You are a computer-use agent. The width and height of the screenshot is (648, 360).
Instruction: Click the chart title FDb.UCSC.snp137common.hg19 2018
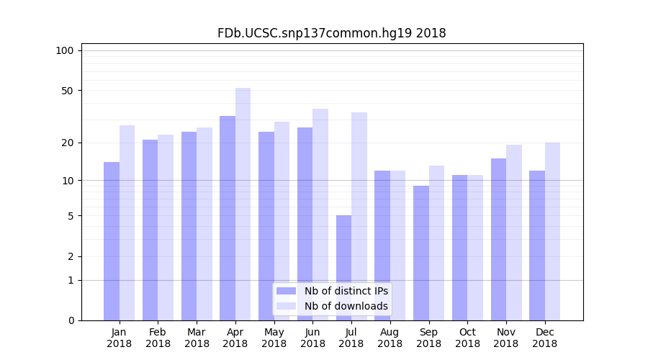(x=331, y=33)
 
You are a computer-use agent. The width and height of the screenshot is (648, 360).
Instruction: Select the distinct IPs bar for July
(x=343, y=268)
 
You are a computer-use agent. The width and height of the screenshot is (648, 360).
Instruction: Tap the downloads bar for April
(x=243, y=204)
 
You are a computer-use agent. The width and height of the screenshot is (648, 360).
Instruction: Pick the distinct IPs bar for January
(x=112, y=241)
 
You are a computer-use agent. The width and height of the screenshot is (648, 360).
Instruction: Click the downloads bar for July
(x=359, y=216)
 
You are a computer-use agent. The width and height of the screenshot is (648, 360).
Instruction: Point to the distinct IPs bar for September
(x=421, y=253)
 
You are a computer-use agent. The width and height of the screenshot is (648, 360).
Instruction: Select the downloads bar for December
(x=552, y=231)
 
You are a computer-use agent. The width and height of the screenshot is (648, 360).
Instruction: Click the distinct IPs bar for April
(x=228, y=218)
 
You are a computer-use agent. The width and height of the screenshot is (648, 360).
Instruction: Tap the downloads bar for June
(x=320, y=215)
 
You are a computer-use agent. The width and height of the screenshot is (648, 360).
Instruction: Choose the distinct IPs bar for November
(x=498, y=239)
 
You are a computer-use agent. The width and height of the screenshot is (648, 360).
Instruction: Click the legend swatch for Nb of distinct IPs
(x=286, y=291)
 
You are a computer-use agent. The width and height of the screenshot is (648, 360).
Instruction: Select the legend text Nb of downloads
(x=346, y=306)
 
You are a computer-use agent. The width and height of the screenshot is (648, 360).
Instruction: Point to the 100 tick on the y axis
(x=65, y=50)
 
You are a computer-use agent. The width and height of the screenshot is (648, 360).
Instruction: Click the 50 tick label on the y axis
(x=68, y=91)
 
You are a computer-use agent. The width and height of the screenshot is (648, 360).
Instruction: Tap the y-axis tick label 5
(x=71, y=216)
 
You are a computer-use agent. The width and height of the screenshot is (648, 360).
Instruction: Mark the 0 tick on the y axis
(x=71, y=320)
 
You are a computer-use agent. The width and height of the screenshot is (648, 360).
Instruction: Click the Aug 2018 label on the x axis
(x=390, y=338)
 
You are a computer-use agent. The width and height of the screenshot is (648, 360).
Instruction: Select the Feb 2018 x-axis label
(x=158, y=338)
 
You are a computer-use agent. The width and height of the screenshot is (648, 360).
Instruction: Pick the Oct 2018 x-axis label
(x=467, y=338)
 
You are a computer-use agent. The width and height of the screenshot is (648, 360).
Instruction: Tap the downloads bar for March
(x=204, y=224)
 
